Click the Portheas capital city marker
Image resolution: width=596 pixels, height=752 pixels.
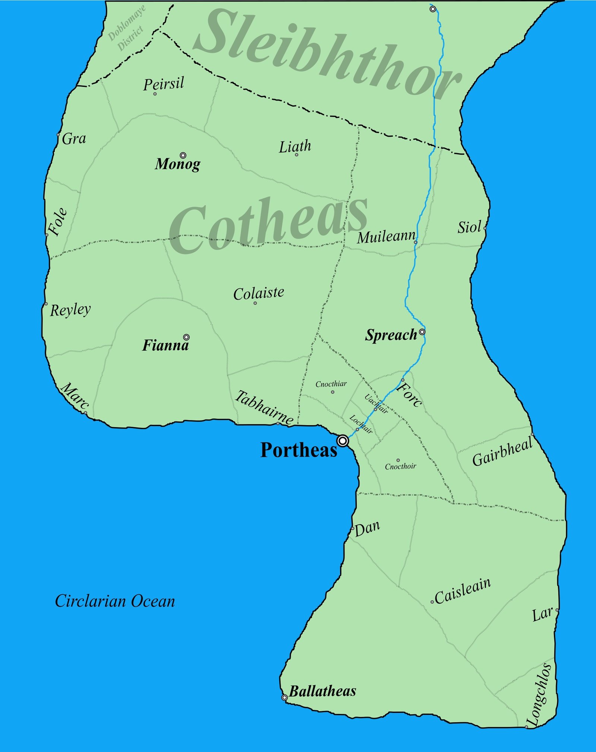342,441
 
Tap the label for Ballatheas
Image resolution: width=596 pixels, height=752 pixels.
323,691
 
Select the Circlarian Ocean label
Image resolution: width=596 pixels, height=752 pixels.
115,601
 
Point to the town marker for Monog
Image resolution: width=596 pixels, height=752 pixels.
183,155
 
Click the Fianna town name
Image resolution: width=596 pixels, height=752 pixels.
165,345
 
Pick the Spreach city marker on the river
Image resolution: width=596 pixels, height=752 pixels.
422,332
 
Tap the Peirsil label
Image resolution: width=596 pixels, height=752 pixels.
164,83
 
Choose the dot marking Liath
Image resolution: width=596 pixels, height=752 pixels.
297,155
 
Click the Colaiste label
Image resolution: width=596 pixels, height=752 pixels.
259,293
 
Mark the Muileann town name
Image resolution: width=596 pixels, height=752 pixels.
386,237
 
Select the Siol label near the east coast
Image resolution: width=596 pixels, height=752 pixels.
469,227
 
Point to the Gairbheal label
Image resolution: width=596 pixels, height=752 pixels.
502,452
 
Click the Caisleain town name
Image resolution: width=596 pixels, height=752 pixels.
463,591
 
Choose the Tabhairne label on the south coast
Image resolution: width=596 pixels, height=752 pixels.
264,407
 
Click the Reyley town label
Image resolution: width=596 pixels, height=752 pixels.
70,310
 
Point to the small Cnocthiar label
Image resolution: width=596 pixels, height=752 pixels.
331,384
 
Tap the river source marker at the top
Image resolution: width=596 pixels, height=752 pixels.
432,9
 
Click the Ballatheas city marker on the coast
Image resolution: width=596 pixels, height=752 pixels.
284,697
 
